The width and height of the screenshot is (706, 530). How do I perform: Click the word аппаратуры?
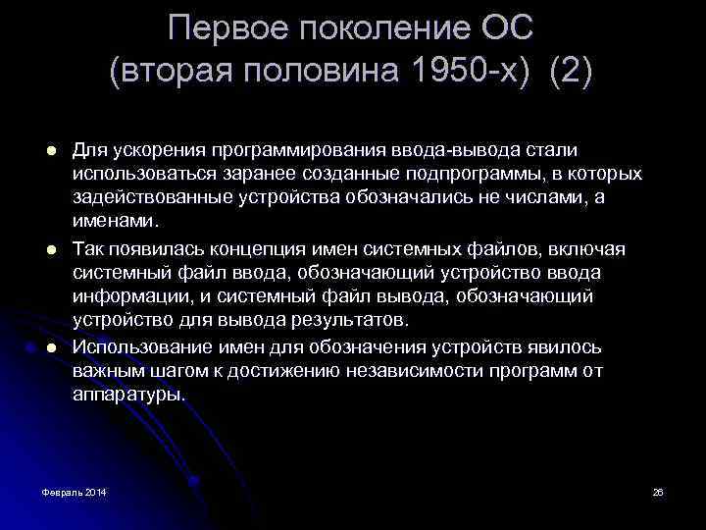click(127, 395)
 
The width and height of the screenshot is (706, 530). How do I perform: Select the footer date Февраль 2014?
click(75, 491)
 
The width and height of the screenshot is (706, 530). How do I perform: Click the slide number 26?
click(658, 491)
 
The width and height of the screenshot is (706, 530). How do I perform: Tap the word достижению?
click(291, 371)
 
